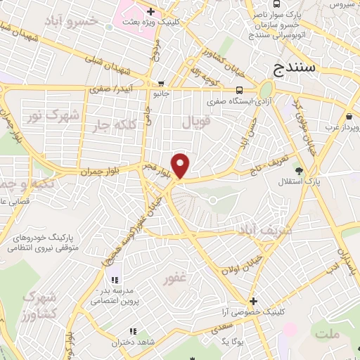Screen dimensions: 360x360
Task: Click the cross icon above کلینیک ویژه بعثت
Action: pos(151,12)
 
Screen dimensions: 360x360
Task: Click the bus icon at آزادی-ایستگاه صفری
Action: pos(240,90)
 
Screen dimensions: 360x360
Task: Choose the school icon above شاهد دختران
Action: pos(132,330)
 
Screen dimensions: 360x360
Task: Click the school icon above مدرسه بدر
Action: pos(114,281)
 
